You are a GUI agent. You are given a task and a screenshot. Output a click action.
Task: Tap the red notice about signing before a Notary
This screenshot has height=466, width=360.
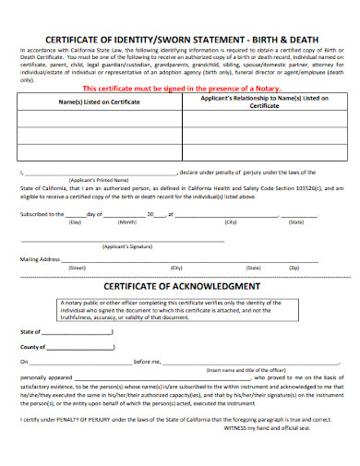179,89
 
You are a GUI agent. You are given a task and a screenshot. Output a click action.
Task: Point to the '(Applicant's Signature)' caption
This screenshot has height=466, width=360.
126,248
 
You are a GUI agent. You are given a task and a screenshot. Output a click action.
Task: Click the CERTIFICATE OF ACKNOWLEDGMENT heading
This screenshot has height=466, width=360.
181,286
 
